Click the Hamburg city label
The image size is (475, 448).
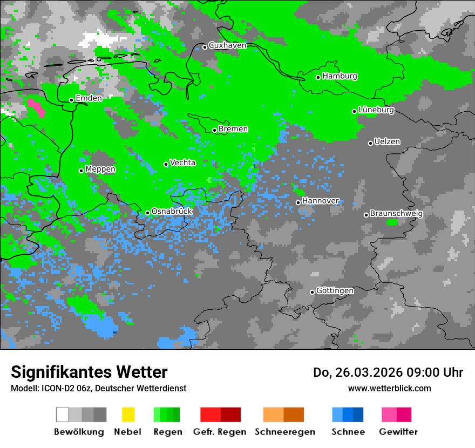click(x=340, y=76)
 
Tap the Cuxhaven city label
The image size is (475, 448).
click(x=227, y=45)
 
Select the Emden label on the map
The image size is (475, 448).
click(x=89, y=98)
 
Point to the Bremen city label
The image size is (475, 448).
click(x=233, y=129)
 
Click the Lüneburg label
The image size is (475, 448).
click(x=376, y=110)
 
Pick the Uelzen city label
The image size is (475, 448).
click(x=387, y=142)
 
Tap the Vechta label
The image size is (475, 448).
click(x=182, y=162)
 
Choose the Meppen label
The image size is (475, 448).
click(x=100, y=169)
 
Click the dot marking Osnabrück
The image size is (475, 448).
click(x=147, y=213)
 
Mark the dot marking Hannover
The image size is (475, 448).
click(x=298, y=202)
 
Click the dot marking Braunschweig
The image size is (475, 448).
click(x=366, y=215)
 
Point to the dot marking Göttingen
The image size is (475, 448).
click(x=312, y=292)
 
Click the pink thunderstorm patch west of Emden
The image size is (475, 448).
click(x=37, y=107)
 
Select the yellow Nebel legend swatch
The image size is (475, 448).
click(x=128, y=415)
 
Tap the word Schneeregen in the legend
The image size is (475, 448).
click(x=284, y=432)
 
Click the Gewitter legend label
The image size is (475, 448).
click(x=398, y=432)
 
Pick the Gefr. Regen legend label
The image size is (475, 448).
click(x=220, y=432)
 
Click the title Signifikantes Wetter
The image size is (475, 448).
click(x=89, y=372)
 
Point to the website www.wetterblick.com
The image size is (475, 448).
click(x=389, y=388)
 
